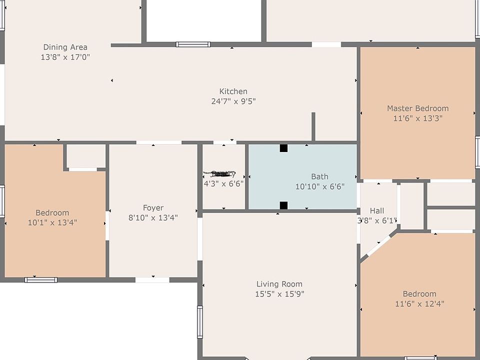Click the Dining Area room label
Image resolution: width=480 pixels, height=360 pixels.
[x=65, y=47]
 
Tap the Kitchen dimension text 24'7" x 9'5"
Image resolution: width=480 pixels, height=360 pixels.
[x=233, y=101]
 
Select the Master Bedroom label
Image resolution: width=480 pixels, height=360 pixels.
[x=417, y=108]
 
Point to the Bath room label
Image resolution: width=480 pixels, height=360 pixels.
[x=319, y=176]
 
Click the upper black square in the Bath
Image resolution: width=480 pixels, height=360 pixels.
[x=283, y=148]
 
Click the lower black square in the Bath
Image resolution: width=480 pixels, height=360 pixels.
[x=283, y=205]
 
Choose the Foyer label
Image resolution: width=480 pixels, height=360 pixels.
[x=153, y=208]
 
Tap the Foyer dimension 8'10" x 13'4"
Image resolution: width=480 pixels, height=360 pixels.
[x=153, y=217]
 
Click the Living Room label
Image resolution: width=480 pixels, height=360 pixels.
[x=279, y=284]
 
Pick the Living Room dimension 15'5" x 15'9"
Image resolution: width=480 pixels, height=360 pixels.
[x=279, y=294]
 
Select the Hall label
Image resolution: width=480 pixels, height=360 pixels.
[x=377, y=210]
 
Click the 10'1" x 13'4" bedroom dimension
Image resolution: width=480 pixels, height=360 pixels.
[x=52, y=222]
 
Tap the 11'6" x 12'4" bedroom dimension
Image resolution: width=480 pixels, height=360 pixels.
[x=419, y=303]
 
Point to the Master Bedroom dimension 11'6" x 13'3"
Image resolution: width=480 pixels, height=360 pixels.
[x=417, y=118]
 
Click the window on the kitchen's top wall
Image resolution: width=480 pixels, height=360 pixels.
[x=193, y=44]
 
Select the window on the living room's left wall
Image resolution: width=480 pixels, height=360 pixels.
[x=200, y=322]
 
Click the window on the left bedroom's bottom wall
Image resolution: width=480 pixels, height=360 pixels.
[x=41, y=280]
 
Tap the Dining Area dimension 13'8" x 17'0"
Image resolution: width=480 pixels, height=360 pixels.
[x=65, y=57]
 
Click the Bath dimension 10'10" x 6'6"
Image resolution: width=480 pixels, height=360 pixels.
[x=319, y=186]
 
